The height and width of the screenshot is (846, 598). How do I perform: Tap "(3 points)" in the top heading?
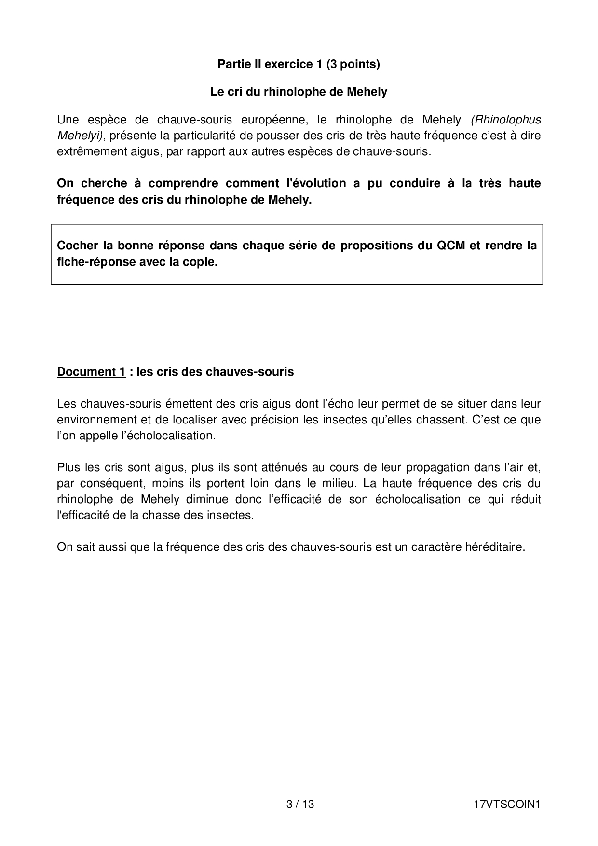coord(353,64)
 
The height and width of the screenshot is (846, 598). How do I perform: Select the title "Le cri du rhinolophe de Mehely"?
coord(299,92)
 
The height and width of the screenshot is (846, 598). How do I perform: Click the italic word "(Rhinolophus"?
coord(506,119)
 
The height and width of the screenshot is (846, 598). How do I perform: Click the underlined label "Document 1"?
coord(91,372)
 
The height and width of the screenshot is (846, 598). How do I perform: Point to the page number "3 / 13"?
coord(300,805)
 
